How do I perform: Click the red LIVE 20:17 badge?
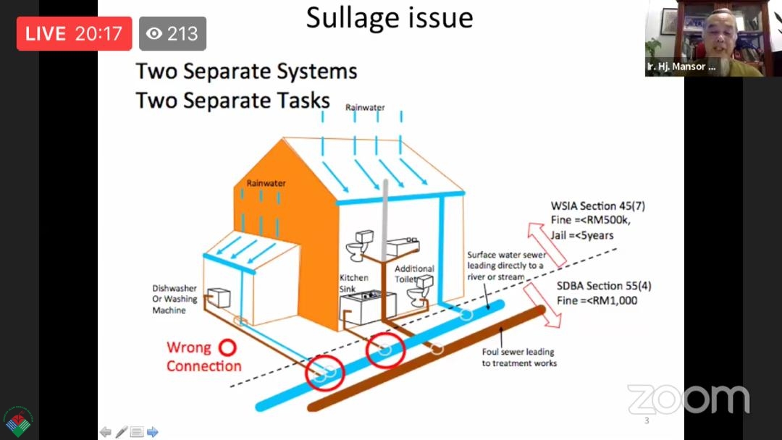click(75, 33)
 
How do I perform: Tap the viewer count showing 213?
click(172, 33)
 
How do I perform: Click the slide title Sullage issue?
click(390, 18)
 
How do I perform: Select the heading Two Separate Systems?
click(246, 71)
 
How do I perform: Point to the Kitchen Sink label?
click(353, 283)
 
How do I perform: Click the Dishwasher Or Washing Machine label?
click(175, 299)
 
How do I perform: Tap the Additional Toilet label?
click(414, 274)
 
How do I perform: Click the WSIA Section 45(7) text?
click(597, 206)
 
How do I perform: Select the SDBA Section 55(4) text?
click(604, 286)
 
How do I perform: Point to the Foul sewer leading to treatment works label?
click(518, 357)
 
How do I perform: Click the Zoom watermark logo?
click(689, 399)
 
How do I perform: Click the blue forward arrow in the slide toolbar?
click(153, 431)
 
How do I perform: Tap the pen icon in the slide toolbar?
click(121, 431)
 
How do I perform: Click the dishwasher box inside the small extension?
click(219, 297)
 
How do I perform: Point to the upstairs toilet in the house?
click(359, 245)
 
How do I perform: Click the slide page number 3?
click(647, 420)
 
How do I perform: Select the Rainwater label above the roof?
click(365, 107)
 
